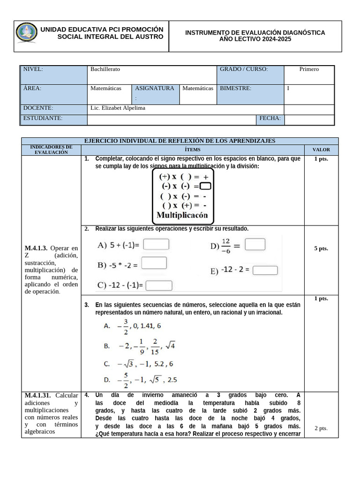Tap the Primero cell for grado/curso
(309, 69)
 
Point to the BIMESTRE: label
(235, 88)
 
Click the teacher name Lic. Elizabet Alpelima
(118, 108)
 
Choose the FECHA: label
(270, 119)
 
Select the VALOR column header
(321, 150)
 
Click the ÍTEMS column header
(192, 150)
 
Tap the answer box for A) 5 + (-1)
(156, 244)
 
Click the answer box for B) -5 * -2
(154, 263)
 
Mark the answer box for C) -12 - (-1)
(159, 285)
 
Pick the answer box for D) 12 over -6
(255, 244)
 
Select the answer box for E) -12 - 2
(265, 270)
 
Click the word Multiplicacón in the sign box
(182, 216)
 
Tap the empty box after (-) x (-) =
(205, 186)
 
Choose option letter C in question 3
(107, 364)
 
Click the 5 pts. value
(321, 248)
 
